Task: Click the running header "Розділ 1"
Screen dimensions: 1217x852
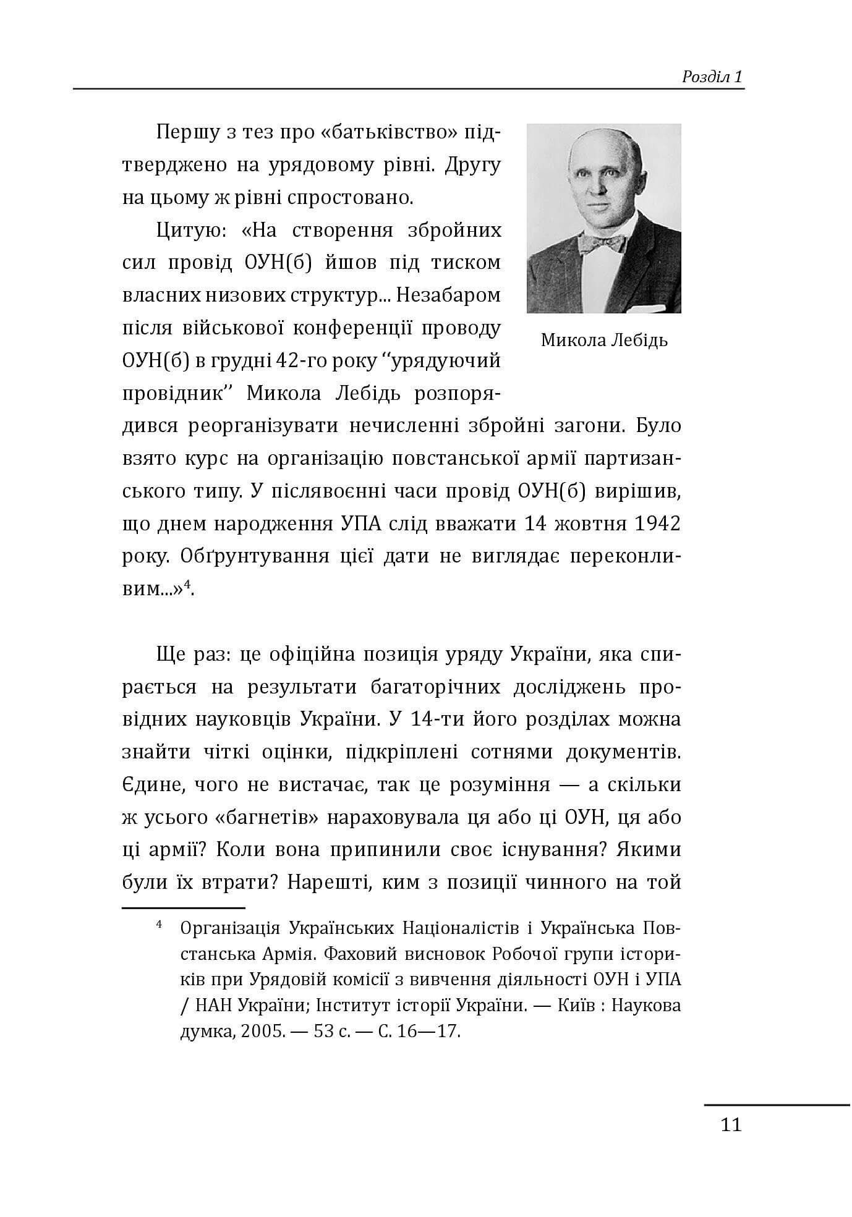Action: pyautogui.click(x=712, y=77)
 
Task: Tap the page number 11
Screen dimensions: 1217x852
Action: pyautogui.click(x=731, y=1124)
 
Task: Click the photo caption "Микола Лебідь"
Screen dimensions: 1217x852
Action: pyautogui.click(x=604, y=341)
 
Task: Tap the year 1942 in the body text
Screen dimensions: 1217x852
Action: pyautogui.click(x=657, y=524)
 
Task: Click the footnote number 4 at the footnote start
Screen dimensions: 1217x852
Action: pyautogui.click(x=160, y=925)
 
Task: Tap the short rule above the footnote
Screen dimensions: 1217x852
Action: pyautogui.click(x=184, y=908)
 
